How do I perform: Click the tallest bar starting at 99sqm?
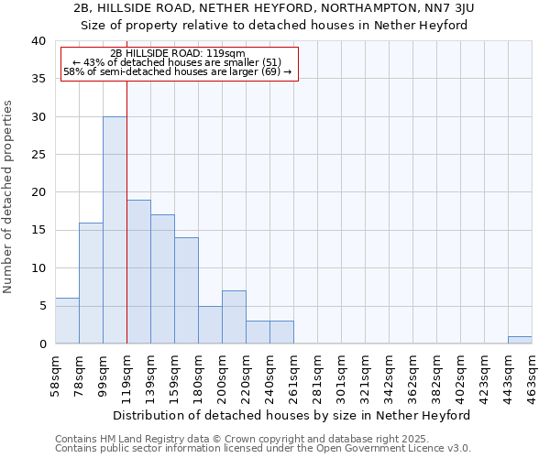click(115, 230)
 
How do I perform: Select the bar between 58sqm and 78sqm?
click(67, 321)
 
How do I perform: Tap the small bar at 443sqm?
click(520, 340)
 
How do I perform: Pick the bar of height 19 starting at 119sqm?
click(138, 272)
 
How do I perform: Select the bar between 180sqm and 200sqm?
click(210, 324)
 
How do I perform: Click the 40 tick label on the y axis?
click(38, 41)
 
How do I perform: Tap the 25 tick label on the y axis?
click(38, 155)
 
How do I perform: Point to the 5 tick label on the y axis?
click(41, 306)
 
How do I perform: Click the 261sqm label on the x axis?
click(293, 373)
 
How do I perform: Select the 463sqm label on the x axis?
click(532, 373)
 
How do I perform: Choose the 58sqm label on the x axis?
click(55, 373)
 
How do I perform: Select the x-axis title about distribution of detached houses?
click(293, 415)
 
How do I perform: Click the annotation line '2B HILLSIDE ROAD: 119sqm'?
click(178, 54)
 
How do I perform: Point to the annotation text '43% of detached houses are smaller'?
click(178, 62)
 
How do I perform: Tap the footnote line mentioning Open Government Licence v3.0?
click(263, 449)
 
